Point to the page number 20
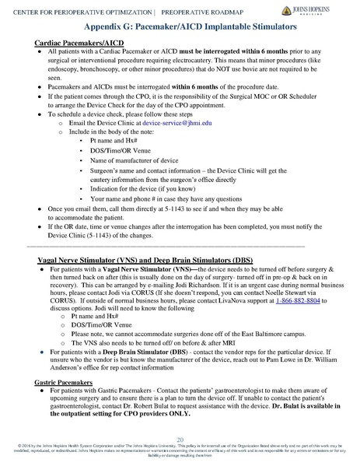tap(180, 440)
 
